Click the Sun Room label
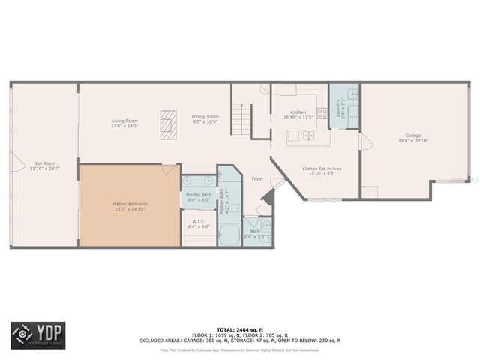[x=43, y=163]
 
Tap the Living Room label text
[x=124, y=121]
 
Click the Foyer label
[x=257, y=179]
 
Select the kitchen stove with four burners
[x=322, y=113]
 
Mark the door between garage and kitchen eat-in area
[x=366, y=142]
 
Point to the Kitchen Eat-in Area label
[x=322, y=169]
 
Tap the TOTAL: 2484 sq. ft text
[x=240, y=329]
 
